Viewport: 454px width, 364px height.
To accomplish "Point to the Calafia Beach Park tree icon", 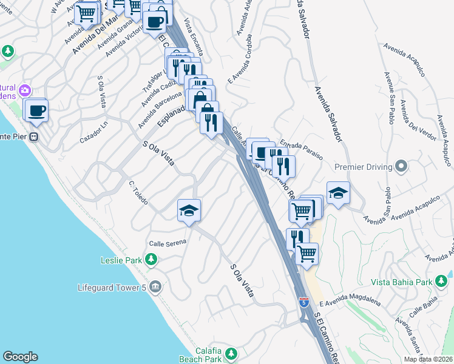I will (231, 353).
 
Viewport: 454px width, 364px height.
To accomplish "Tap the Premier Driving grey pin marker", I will (401, 166).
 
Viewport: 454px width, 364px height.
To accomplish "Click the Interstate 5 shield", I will (303, 302).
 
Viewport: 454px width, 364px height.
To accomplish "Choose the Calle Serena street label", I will (168, 243).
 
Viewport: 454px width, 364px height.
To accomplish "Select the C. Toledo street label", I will (138, 192).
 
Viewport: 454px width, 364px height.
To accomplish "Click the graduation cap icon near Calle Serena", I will (189, 211).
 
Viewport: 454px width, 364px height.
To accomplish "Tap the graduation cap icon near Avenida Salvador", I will (339, 194).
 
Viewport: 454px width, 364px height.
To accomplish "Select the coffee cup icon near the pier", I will (37, 110).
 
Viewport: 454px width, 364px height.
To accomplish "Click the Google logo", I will (20, 357).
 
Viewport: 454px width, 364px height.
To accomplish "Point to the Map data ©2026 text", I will (428, 359).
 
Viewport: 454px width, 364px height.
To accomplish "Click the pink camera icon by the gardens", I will (25, 90).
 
